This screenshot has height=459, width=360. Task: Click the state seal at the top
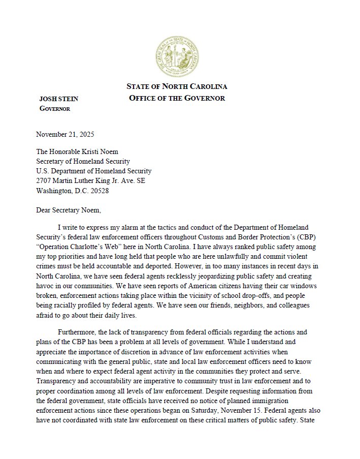(179, 55)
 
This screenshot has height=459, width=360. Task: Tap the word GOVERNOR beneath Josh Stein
(55, 109)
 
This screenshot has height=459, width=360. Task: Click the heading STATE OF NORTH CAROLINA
(177, 86)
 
